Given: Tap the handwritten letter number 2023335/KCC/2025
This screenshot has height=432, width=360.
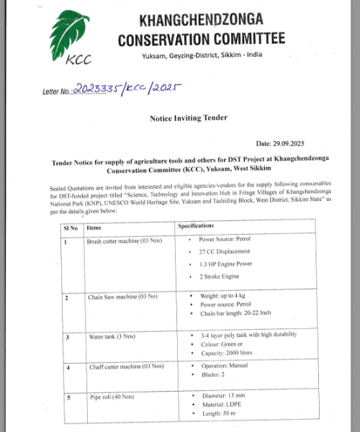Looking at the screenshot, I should pyautogui.click(x=125, y=90).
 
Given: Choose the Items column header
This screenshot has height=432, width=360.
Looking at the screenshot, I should pyautogui.click(x=94, y=228).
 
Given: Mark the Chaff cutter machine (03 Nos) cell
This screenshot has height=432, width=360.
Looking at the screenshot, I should pyautogui.click(x=119, y=368).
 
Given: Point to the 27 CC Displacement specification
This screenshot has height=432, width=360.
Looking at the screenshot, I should pyautogui.click(x=224, y=251).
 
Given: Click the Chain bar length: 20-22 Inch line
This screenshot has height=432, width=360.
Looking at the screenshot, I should pyautogui.click(x=235, y=314).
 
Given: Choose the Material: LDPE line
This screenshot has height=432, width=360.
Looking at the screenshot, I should pyautogui.click(x=220, y=405).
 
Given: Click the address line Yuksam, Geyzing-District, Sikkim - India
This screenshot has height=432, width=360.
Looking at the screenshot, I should pyautogui.click(x=202, y=56).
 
